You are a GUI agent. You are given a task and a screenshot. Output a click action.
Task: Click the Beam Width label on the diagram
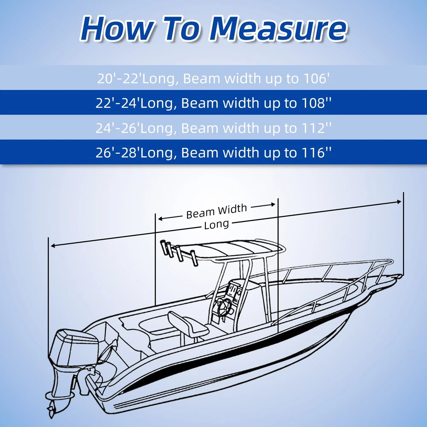(x=216, y=211)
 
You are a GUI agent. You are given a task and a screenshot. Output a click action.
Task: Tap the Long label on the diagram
(x=216, y=225)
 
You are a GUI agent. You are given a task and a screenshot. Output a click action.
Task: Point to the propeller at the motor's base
(x=52, y=407)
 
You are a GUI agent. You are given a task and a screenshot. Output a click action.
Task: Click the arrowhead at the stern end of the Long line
(x=53, y=246)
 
